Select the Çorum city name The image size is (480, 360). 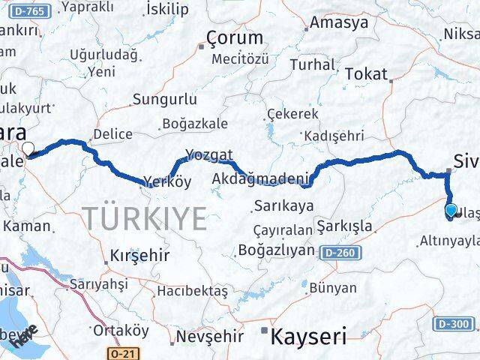click(235, 37)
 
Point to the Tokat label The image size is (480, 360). click(367, 73)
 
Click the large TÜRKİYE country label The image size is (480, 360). click(145, 218)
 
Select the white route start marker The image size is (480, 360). click(28, 148)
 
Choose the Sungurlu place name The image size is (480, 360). click(165, 99)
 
